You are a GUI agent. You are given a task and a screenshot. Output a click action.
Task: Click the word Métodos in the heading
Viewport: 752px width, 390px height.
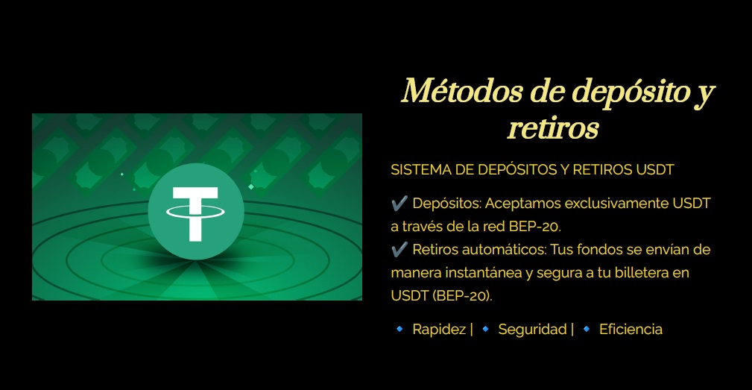(x=462, y=91)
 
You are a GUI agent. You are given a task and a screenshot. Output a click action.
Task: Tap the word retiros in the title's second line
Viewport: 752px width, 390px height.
(x=553, y=128)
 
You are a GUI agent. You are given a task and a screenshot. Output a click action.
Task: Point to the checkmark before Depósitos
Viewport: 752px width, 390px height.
(x=399, y=203)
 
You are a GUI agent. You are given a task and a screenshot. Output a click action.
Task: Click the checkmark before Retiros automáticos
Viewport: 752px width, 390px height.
(x=399, y=249)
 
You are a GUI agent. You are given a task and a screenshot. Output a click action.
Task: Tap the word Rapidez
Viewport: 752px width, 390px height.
(x=439, y=330)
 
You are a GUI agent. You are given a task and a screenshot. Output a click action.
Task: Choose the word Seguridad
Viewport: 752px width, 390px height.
(x=532, y=329)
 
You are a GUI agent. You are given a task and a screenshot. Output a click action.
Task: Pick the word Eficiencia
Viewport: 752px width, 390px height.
(x=631, y=329)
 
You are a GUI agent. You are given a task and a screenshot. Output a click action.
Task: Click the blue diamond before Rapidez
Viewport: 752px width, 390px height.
(x=399, y=329)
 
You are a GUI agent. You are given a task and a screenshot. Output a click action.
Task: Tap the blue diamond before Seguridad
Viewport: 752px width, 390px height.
(x=485, y=329)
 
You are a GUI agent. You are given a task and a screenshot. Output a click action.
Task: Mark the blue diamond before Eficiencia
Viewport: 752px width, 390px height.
(x=586, y=329)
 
